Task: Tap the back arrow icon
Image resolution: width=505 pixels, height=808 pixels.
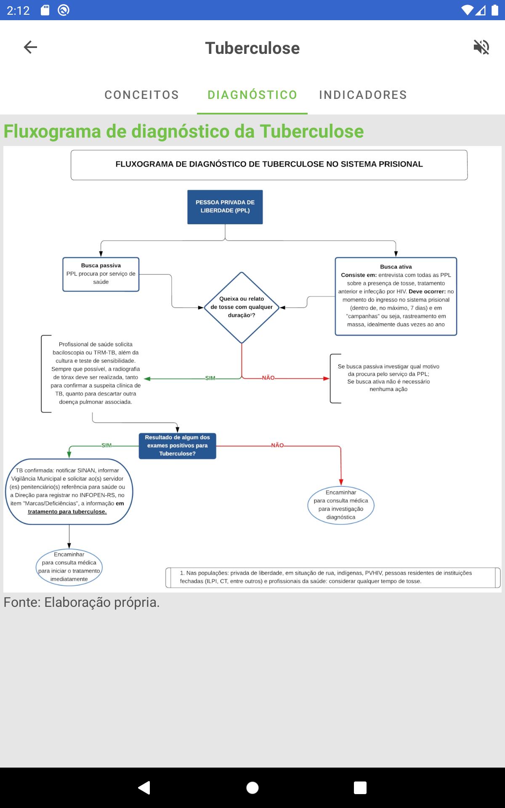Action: pyautogui.click(x=30, y=47)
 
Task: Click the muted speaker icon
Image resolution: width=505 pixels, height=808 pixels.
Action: pyautogui.click(x=481, y=47)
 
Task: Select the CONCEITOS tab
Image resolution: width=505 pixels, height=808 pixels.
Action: pyautogui.click(x=142, y=95)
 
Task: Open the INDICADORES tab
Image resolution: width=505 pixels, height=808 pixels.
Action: pyautogui.click(x=363, y=95)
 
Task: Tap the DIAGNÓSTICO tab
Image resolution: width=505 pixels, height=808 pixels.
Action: pyautogui.click(x=252, y=95)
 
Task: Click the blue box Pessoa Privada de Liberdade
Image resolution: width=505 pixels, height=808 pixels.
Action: pyautogui.click(x=225, y=207)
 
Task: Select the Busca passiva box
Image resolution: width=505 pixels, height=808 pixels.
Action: pyautogui.click(x=101, y=274)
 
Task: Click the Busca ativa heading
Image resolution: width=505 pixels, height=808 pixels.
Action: pyautogui.click(x=396, y=267)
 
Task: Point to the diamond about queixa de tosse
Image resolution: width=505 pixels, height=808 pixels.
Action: pyautogui.click(x=242, y=308)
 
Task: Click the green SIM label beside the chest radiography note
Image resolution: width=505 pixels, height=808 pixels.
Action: pyautogui.click(x=210, y=378)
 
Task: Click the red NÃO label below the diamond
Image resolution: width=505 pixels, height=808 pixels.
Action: pyautogui.click(x=268, y=378)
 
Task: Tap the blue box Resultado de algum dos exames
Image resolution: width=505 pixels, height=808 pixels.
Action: pyautogui.click(x=178, y=446)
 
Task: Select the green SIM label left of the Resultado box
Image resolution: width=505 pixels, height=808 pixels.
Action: pyautogui.click(x=106, y=445)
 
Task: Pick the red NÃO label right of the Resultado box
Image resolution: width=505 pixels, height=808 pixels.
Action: pyautogui.click(x=277, y=445)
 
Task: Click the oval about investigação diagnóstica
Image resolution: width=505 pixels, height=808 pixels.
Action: pyautogui.click(x=341, y=505)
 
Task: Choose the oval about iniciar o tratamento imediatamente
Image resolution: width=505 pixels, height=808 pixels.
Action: pyautogui.click(x=69, y=567)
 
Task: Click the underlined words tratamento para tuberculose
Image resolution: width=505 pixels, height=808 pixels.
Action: pyautogui.click(x=67, y=512)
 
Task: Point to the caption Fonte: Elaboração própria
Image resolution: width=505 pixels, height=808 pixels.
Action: pyautogui.click(x=82, y=603)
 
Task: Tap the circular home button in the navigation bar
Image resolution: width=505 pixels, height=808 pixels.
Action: pyautogui.click(x=252, y=787)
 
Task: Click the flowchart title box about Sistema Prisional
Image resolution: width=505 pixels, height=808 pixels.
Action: pyautogui.click(x=269, y=165)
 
